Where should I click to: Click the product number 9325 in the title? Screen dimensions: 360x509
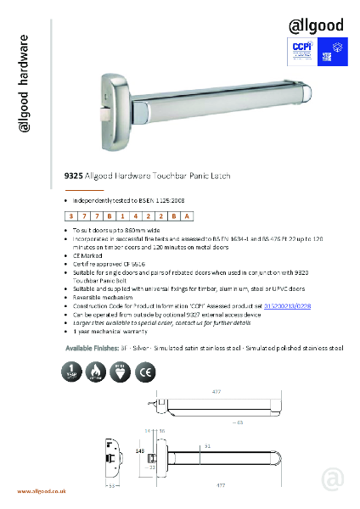(x=73, y=179)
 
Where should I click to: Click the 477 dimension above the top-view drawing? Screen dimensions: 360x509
(x=217, y=392)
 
